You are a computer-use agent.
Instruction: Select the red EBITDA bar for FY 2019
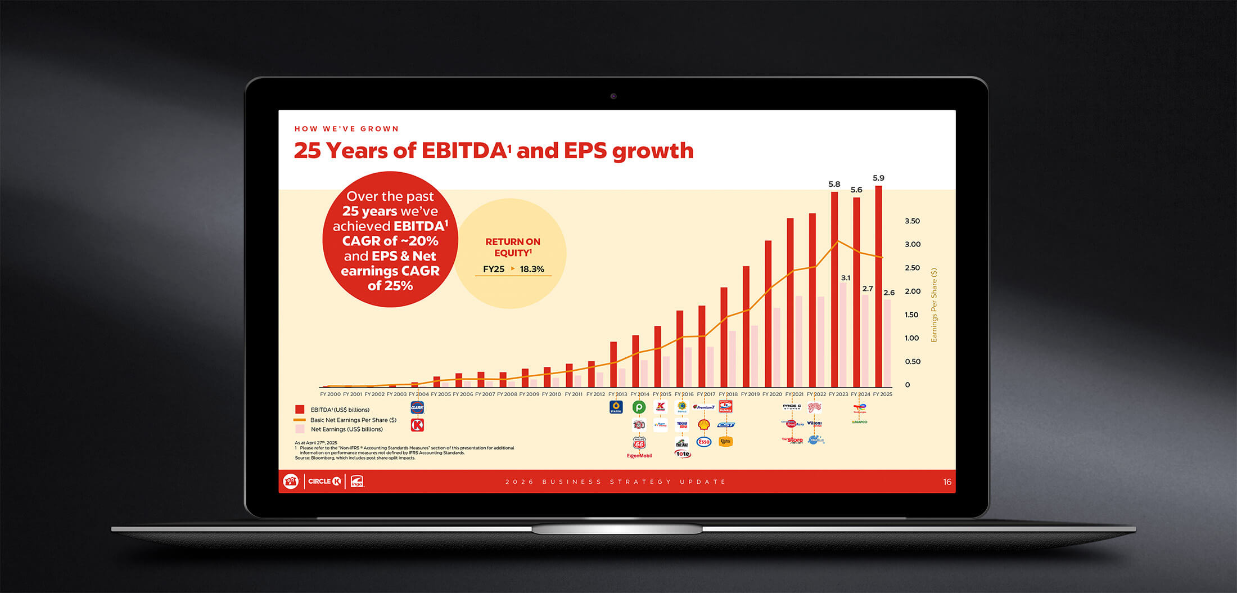coord(746,326)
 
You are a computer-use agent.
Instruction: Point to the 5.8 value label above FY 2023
coord(834,184)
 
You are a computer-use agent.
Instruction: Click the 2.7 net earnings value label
coord(868,289)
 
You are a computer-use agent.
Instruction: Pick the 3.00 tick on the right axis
coord(912,244)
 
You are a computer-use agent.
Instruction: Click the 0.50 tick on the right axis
coord(912,361)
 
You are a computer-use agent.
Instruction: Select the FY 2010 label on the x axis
coord(551,394)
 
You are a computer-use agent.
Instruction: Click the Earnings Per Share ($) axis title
coord(934,304)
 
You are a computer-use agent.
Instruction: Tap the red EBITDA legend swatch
coord(300,410)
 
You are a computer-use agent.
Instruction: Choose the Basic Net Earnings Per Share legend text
coord(353,420)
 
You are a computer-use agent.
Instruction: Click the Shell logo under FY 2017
coord(703,425)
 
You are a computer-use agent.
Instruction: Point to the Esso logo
coord(703,442)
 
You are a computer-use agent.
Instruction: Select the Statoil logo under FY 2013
coord(616,407)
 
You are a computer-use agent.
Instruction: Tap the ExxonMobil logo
coord(639,456)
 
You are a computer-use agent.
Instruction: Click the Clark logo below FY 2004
coord(417,407)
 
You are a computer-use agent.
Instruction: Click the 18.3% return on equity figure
coord(532,269)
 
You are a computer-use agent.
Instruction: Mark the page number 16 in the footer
coord(947,482)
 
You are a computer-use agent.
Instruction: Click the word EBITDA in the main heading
coord(465,151)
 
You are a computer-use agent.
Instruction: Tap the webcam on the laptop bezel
coord(613,96)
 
